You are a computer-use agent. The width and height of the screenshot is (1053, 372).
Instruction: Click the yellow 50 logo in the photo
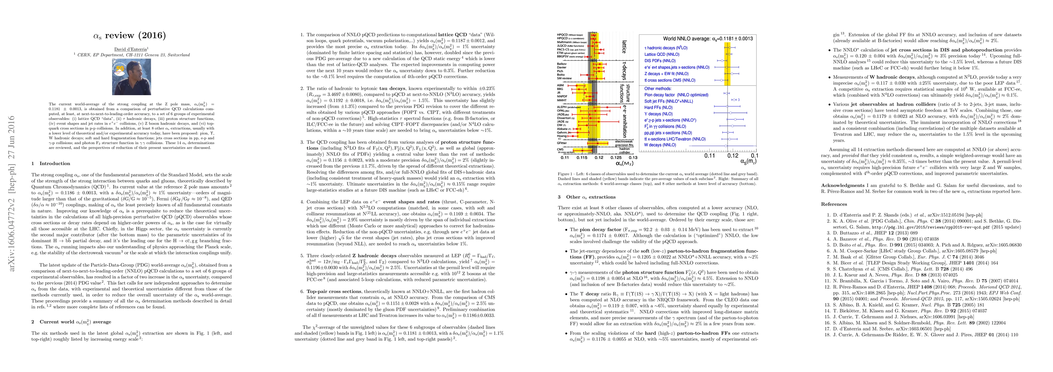120,68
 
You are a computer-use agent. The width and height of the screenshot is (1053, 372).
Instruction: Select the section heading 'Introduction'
55,163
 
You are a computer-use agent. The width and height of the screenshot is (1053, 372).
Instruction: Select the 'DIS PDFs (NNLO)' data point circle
722,60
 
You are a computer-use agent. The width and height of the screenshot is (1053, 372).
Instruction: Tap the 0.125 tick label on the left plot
616,157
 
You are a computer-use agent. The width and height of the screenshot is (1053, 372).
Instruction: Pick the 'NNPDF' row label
562,97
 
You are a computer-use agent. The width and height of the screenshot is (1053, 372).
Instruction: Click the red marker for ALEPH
608,107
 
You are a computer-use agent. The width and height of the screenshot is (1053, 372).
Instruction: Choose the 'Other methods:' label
658,89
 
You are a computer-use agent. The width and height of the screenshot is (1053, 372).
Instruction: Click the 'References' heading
834,204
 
